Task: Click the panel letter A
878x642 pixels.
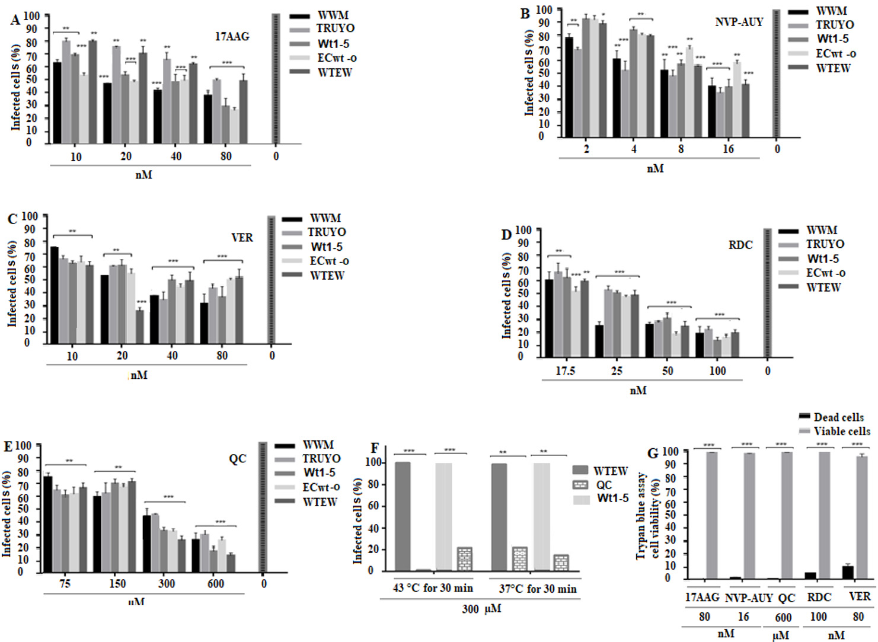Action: coord(15,20)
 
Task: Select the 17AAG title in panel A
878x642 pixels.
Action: coord(232,37)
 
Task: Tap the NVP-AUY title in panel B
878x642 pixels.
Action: coord(739,22)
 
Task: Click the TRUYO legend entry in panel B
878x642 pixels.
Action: coord(834,25)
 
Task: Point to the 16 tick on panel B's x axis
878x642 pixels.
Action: coord(728,149)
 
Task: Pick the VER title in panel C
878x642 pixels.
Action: coord(242,238)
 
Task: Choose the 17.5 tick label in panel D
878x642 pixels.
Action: coord(565,371)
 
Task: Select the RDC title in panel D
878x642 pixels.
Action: coord(740,245)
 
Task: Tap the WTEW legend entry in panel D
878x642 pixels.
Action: coord(823,288)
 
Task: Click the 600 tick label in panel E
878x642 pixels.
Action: coord(216,584)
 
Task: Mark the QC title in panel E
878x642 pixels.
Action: coord(237,459)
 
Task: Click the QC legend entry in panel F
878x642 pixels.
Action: coord(604,485)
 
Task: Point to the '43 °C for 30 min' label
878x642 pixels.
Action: coord(433,589)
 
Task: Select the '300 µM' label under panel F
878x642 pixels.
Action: coord(481,609)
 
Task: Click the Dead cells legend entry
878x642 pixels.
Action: coord(838,417)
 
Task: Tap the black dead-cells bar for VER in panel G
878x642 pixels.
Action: coord(848,573)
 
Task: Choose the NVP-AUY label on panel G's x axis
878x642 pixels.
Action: coord(749,598)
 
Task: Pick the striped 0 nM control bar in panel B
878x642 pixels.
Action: coord(776,74)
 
